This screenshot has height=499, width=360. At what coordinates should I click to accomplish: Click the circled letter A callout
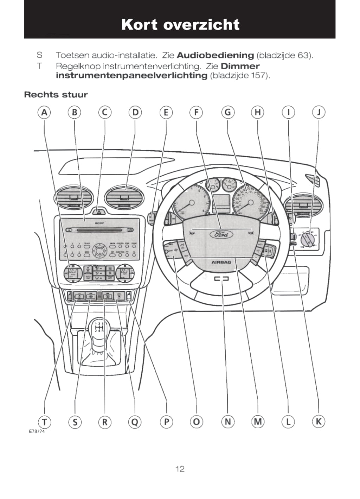(44, 112)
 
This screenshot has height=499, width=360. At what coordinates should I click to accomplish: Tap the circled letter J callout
(319, 112)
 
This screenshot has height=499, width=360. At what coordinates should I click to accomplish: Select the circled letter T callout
(44, 422)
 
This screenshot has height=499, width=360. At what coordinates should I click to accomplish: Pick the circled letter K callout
(319, 421)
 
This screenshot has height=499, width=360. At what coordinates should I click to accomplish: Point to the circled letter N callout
(227, 421)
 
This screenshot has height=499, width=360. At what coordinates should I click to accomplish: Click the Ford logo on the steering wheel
(221, 234)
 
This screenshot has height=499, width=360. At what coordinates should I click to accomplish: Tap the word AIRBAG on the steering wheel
(221, 262)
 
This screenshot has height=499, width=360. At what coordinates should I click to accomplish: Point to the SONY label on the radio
(99, 223)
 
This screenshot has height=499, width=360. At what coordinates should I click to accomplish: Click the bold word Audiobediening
(215, 55)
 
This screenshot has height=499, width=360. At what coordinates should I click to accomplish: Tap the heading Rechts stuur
(56, 95)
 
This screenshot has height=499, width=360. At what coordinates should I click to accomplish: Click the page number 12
(180, 469)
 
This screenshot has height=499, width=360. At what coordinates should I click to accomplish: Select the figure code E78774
(37, 431)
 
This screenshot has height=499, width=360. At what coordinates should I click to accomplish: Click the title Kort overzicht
(180, 25)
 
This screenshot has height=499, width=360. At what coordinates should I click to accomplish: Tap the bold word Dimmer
(240, 66)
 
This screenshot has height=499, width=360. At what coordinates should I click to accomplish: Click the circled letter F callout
(196, 112)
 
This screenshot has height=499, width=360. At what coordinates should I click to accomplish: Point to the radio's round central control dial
(100, 251)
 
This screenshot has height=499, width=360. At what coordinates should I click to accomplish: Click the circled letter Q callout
(135, 422)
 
